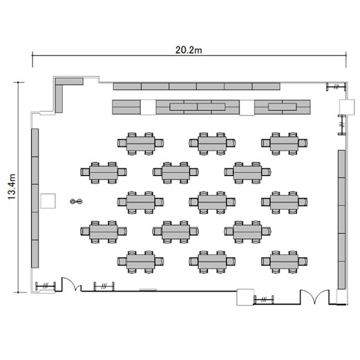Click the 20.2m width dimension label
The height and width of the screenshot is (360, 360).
click(x=189, y=50)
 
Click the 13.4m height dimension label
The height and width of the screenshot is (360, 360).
click(x=12, y=187)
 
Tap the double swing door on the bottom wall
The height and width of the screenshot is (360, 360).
click(x=314, y=297)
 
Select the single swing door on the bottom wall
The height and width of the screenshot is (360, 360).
click(x=71, y=284)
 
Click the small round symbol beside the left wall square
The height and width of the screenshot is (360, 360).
click(x=76, y=201)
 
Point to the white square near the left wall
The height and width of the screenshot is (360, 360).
click(x=48, y=201)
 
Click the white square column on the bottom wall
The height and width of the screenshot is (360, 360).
click(x=245, y=297)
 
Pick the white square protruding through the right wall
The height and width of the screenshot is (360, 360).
click(x=347, y=107)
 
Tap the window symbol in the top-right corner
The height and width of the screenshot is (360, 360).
click(x=336, y=87)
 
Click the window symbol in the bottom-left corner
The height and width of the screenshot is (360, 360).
click(x=46, y=286)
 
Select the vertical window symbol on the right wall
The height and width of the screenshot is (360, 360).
click(x=342, y=125)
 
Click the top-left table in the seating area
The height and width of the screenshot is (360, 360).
click(x=141, y=144)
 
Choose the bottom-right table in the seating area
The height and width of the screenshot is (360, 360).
click(x=284, y=262)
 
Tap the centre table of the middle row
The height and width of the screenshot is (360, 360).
click(x=212, y=202)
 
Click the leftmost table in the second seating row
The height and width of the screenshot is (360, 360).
click(x=104, y=173)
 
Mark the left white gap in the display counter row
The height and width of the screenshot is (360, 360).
click(x=148, y=107)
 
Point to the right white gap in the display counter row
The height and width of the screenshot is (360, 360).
click(x=247, y=108)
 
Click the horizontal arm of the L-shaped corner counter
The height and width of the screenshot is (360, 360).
click(x=69, y=81)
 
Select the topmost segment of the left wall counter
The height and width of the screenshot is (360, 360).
click(x=35, y=143)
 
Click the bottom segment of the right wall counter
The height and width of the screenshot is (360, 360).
click(x=342, y=275)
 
